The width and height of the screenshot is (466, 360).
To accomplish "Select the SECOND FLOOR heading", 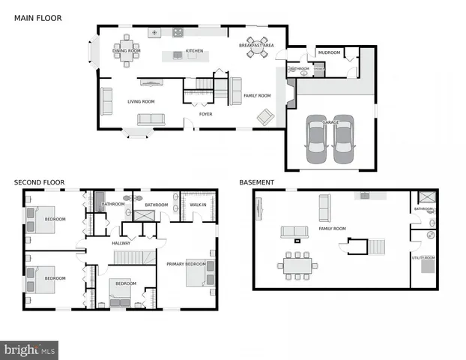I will pyautogui.click(x=40, y=182).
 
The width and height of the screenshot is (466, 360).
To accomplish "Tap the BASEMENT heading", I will pyautogui.click(x=256, y=182).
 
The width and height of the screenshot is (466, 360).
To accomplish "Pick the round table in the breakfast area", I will pyautogui.click(x=256, y=52).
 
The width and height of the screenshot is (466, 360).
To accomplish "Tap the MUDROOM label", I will pyautogui.click(x=329, y=53).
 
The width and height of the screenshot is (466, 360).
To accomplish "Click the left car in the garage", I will pyautogui.click(x=317, y=142).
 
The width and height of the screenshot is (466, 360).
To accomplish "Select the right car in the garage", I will pyautogui.click(x=342, y=142).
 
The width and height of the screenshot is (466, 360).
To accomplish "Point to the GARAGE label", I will pyautogui.click(x=330, y=122).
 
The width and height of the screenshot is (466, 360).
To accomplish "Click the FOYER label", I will pyautogui.click(x=205, y=115).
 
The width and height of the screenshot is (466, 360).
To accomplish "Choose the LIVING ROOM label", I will pyautogui.click(x=140, y=101).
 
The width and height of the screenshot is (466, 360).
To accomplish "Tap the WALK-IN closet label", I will pyautogui.click(x=198, y=204).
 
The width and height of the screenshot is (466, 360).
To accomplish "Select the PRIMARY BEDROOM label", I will pyautogui.click(x=186, y=264).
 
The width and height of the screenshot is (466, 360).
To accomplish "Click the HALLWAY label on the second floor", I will pyautogui.click(x=121, y=243).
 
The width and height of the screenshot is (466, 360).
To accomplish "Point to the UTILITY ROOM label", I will pyautogui.click(x=423, y=257).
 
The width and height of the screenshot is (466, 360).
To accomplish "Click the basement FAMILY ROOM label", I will pyautogui.click(x=332, y=228).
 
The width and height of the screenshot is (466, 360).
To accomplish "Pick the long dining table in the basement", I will pyautogui.click(x=298, y=265).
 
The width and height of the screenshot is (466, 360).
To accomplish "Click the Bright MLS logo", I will pyautogui.click(x=30, y=349).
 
